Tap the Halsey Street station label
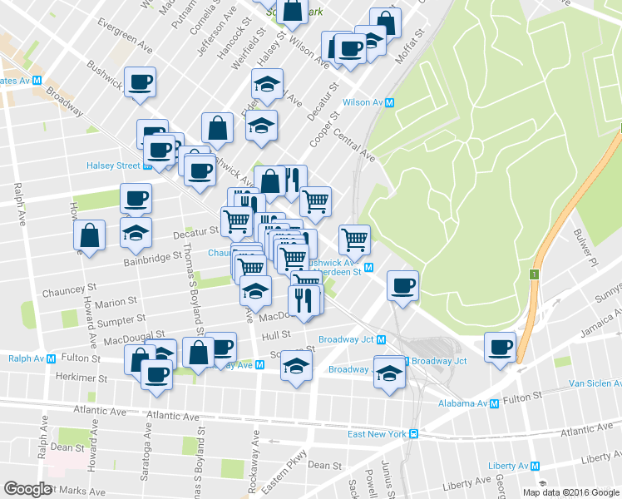pos(114,166)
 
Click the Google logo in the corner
pos(27,489)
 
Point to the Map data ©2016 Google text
pos(571,492)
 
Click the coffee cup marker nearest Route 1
pos(501,348)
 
